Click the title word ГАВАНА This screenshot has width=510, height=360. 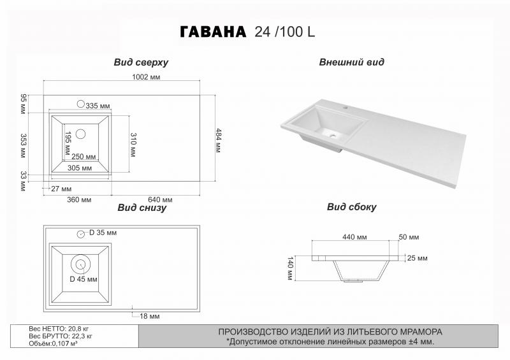[213, 32]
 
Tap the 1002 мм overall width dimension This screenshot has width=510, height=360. [146, 76]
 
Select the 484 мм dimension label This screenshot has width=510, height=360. [218, 140]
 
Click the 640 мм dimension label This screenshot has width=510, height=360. [160, 199]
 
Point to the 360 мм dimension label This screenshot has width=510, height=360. [79, 199]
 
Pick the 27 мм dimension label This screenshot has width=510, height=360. [61, 189]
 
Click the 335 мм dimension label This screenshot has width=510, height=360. [98, 106]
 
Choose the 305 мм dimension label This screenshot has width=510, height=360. [80, 168]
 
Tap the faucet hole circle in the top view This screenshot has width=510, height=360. [81, 104]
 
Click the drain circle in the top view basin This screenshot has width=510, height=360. [80, 134]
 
